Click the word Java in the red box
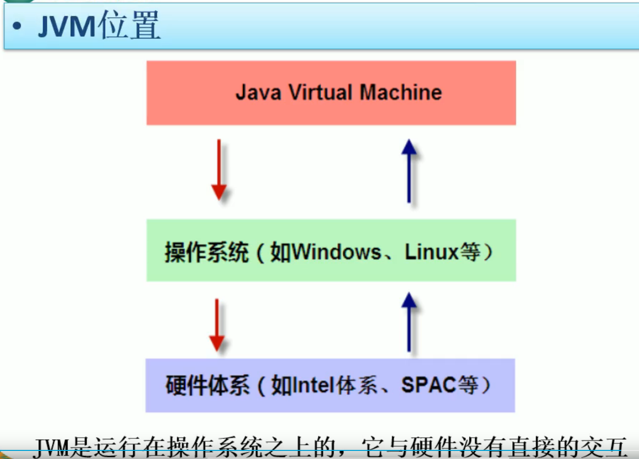(257, 93)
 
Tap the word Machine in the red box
(401, 93)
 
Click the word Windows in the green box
(336, 252)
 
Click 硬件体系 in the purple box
(207, 386)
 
